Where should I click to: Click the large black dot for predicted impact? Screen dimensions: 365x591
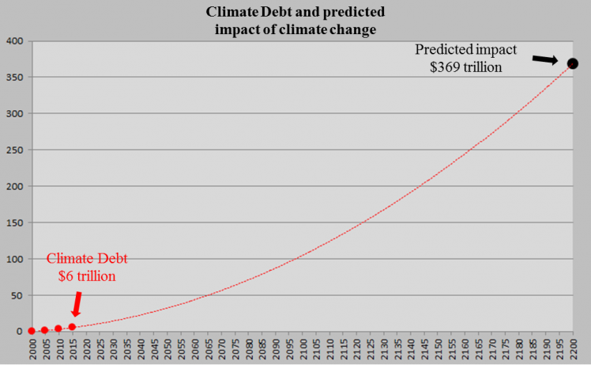[x=573, y=63]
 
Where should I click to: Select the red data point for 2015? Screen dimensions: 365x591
[x=72, y=327]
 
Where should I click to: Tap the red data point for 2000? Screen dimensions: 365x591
[x=32, y=331]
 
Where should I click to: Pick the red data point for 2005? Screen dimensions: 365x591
[x=45, y=330]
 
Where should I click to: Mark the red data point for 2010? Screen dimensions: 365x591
[x=58, y=329]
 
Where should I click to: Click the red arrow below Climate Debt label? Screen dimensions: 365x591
[x=76, y=304]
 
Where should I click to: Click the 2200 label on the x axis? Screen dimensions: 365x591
[x=574, y=349]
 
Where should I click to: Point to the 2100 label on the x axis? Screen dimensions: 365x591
[x=303, y=349]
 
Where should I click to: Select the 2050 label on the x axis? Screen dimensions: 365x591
[x=167, y=349]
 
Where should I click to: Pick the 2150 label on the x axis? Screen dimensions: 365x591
[x=438, y=349]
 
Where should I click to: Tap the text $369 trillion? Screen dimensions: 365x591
[x=465, y=68]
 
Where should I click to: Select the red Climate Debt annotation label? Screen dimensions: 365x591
[x=87, y=259]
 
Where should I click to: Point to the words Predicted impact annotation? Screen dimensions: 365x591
[x=465, y=50]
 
